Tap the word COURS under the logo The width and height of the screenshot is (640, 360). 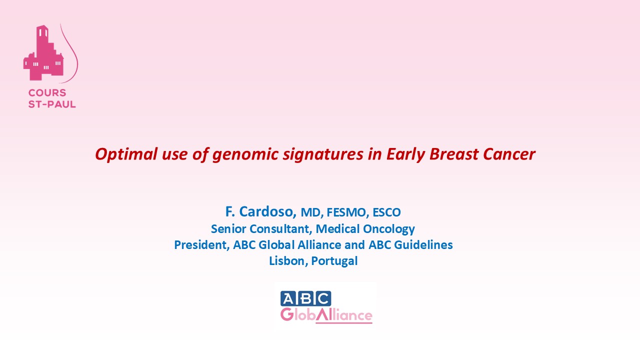point(47,93)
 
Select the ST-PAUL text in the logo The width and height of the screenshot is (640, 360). point(52,104)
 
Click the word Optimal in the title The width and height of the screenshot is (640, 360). point(126,154)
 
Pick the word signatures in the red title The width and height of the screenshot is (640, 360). point(323,155)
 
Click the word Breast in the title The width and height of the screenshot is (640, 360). point(453,154)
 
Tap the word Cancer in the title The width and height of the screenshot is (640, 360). point(509,154)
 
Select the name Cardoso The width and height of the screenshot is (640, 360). point(267,212)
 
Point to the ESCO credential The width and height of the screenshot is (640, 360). point(386,212)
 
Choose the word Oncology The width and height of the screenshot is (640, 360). point(388,229)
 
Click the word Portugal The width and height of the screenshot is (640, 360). point(334,261)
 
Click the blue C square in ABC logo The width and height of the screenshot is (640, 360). point(323,298)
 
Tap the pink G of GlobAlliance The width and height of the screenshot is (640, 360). point(287,315)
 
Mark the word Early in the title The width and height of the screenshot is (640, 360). point(405,155)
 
